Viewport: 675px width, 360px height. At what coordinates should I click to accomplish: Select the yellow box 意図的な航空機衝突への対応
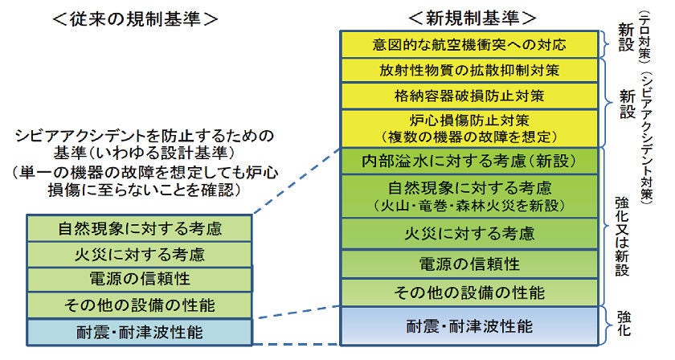tap(469, 43)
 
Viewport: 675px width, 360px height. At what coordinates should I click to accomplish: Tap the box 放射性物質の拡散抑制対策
tap(469, 70)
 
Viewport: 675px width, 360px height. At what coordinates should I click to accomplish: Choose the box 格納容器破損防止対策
tap(469, 96)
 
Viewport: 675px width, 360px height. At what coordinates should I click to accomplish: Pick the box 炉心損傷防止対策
tap(469, 127)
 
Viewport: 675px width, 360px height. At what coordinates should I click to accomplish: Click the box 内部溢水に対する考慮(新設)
tap(469, 161)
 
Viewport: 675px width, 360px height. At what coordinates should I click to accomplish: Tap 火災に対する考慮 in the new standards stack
tap(469, 234)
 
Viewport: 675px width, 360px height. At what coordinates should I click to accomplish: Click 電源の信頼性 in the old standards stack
tap(140, 280)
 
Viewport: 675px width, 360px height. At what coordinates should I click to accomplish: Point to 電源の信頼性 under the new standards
tap(469, 264)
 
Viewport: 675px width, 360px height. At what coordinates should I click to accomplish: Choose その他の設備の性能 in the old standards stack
tap(140, 305)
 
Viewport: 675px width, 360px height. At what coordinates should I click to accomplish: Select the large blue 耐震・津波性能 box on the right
tap(469, 326)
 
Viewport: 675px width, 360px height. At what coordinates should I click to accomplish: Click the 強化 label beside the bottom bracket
tap(624, 325)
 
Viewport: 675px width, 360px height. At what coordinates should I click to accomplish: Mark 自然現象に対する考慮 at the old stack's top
tap(140, 229)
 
